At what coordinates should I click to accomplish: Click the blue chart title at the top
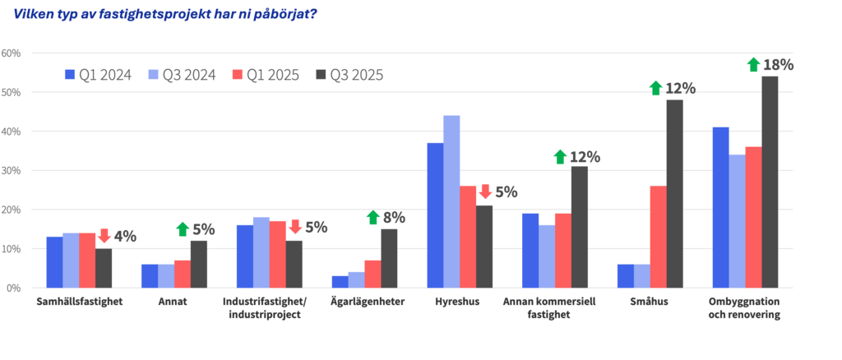tap(165, 14)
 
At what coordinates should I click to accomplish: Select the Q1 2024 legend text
tap(105, 75)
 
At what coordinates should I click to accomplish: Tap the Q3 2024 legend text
tap(188, 75)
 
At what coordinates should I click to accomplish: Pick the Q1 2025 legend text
tap(272, 75)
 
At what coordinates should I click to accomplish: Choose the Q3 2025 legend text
tap(356, 75)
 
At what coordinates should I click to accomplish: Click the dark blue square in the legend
tap(70, 75)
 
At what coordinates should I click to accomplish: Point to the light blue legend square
tap(153, 75)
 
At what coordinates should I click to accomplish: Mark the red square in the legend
tap(237, 75)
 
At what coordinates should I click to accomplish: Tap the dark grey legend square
tap(321, 75)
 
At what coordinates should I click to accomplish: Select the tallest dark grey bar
tap(770, 182)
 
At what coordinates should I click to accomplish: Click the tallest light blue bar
tap(451, 201)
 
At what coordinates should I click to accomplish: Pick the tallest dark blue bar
tap(720, 207)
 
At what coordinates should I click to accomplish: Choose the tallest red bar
tap(752, 217)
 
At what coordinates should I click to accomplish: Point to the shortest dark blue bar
tap(340, 281)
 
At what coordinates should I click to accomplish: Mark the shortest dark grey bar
tap(104, 268)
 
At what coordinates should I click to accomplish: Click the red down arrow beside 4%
tap(104, 236)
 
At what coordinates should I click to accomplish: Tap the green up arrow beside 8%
tap(372, 217)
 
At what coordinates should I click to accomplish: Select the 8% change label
tap(394, 218)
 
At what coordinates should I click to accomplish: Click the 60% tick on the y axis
tap(12, 53)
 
